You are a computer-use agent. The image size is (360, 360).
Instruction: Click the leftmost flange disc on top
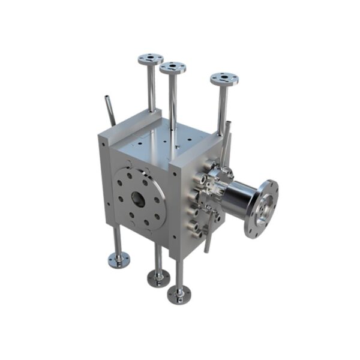(x=150, y=59)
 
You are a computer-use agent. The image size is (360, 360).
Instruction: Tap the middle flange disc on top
(x=173, y=68)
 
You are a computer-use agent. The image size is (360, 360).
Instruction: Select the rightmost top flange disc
(x=224, y=79)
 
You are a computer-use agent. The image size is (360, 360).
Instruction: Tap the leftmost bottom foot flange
(x=119, y=260)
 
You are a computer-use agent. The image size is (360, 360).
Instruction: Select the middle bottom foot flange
(x=158, y=278)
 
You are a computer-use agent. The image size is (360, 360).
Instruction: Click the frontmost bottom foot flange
(x=179, y=294)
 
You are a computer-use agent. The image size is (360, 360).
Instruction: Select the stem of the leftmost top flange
(x=152, y=87)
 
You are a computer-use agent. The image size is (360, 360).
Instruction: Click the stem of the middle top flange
(x=173, y=99)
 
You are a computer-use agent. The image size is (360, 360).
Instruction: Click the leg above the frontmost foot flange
(x=179, y=273)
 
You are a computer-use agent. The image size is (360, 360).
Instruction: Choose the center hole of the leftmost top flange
(x=150, y=58)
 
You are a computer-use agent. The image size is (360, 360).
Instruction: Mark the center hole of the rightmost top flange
(x=224, y=78)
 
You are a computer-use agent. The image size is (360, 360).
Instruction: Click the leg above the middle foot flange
(x=158, y=258)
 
